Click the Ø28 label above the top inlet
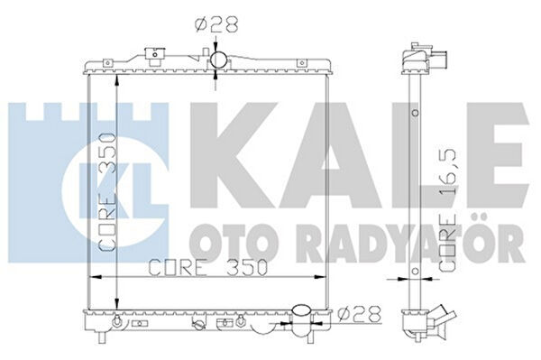click(216, 25)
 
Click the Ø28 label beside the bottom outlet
click(359, 314)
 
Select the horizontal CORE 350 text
click(208, 267)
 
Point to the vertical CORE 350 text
click(106, 192)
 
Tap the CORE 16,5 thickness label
click(448, 210)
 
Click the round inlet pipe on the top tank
click(218, 60)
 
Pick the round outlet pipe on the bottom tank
click(301, 311)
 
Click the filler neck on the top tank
click(154, 56)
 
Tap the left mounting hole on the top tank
click(107, 63)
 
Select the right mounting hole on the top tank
click(302, 63)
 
